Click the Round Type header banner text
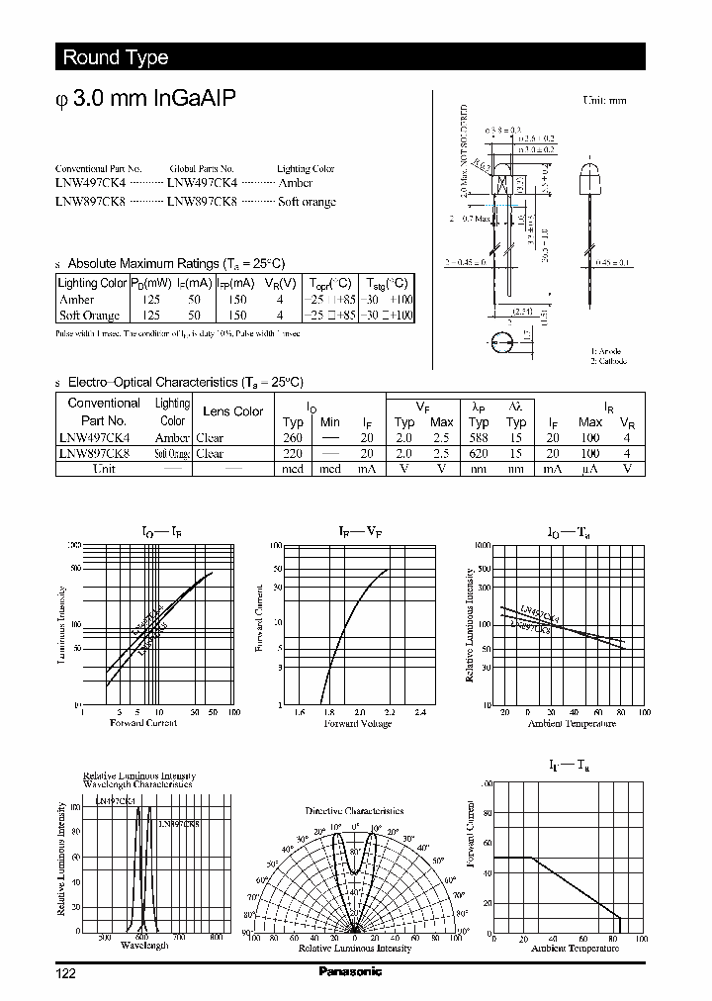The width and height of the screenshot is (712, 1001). (x=116, y=57)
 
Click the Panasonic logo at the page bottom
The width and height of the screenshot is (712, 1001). (x=350, y=971)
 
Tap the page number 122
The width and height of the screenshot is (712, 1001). (x=66, y=973)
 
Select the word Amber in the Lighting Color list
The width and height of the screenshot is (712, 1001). (x=295, y=183)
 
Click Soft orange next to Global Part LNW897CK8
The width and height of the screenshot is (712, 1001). (x=307, y=201)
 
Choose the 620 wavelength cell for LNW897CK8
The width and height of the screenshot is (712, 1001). (x=478, y=454)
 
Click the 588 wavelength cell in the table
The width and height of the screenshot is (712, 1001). (x=478, y=438)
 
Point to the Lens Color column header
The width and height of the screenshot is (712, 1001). (x=232, y=411)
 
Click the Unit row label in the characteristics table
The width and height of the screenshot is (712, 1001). (x=104, y=469)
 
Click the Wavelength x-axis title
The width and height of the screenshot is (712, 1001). (x=143, y=946)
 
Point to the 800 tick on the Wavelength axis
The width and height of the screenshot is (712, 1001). (x=216, y=936)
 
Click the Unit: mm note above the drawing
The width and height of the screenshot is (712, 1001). (x=604, y=101)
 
